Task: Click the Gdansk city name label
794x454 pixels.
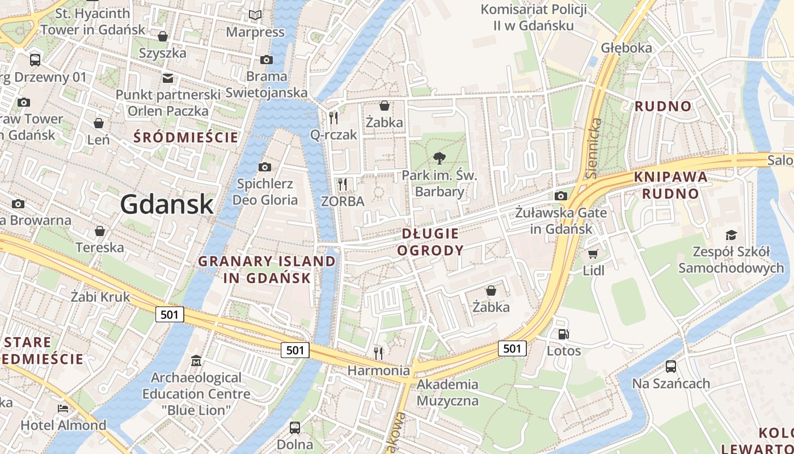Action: pyautogui.click(x=167, y=204)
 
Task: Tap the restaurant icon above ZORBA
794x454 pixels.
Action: pyautogui.click(x=342, y=184)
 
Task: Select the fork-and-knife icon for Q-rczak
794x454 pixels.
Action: pyautogui.click(x=333, y=118)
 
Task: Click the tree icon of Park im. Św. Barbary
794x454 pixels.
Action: pyautogui.click(x=439, y=158)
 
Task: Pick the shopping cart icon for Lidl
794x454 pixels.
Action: pyautogui.click(x=593, y=254)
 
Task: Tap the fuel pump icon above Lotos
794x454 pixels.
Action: pyautogui.click(x=563, y=334)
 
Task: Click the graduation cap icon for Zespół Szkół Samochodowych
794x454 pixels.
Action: pyautogui.click(x=731, y=235)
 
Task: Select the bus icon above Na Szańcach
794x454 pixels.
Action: pyautogui.click(x=671, y=367)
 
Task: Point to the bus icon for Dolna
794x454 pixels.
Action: pyautogui.click(x=295, y=427)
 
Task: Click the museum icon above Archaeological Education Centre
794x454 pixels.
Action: pyautogui.click(x=196, y=360)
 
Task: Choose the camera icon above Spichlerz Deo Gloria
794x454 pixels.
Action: pyautogui.click(x=264, y=167)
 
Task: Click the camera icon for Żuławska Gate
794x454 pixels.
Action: pyautogui.click(x=561, y=196)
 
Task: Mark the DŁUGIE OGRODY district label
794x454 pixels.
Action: pyautogui.click(x=430, y=242)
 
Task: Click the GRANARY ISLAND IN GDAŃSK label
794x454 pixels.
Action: pyautogui.click(x=267, y=270)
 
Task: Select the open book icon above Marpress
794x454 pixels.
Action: pyautogui.click(x=256, y=15)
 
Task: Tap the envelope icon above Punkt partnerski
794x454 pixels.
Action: pyautogui.click(x=168, y=78)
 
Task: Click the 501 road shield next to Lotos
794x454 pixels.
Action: pyautogui.click(x=512, y=348)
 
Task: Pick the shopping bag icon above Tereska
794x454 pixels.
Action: pyautogui.click(x=100, y=231)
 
